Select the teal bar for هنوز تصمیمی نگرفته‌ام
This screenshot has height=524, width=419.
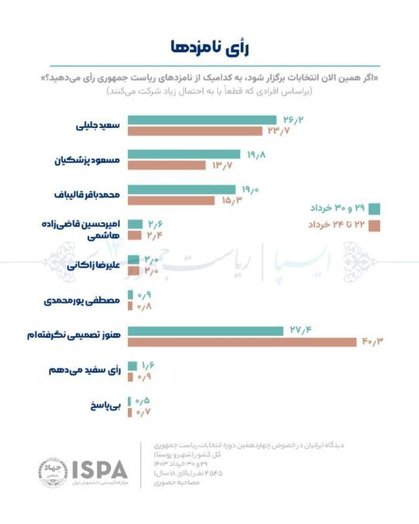205,331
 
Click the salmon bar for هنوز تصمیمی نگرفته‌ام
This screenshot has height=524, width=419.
241,342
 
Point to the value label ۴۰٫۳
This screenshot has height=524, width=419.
372,342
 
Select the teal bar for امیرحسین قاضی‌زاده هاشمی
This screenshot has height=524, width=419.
133,224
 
